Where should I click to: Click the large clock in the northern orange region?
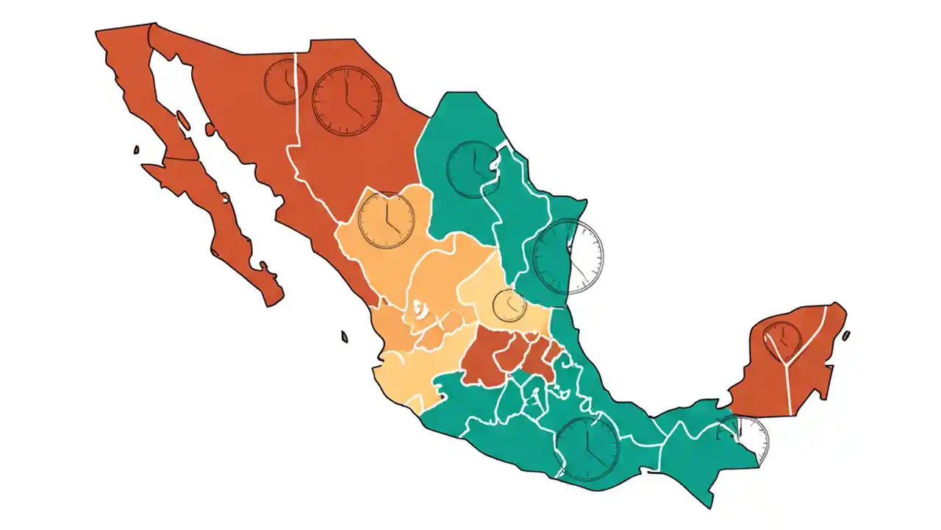(x=347, y=101)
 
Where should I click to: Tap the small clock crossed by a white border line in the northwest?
(x=285, y=82)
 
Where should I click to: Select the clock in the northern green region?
(x=473, y=169)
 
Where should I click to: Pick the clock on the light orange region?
(x=386, y=219)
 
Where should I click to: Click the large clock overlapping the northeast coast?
(x=568, y=257)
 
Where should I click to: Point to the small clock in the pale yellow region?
(x=509, y=305)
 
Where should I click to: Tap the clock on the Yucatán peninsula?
(x=782, y=341)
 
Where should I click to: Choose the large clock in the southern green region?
(x=587, y=448)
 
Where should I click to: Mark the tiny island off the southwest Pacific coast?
(x=344, y=337)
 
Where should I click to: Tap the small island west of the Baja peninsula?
(x=136, y=150)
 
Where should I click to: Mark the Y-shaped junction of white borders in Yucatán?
(x=787, y=362)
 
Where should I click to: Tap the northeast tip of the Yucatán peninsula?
(x=838, y=305)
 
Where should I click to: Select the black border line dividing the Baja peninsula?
(x=181, y=159)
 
